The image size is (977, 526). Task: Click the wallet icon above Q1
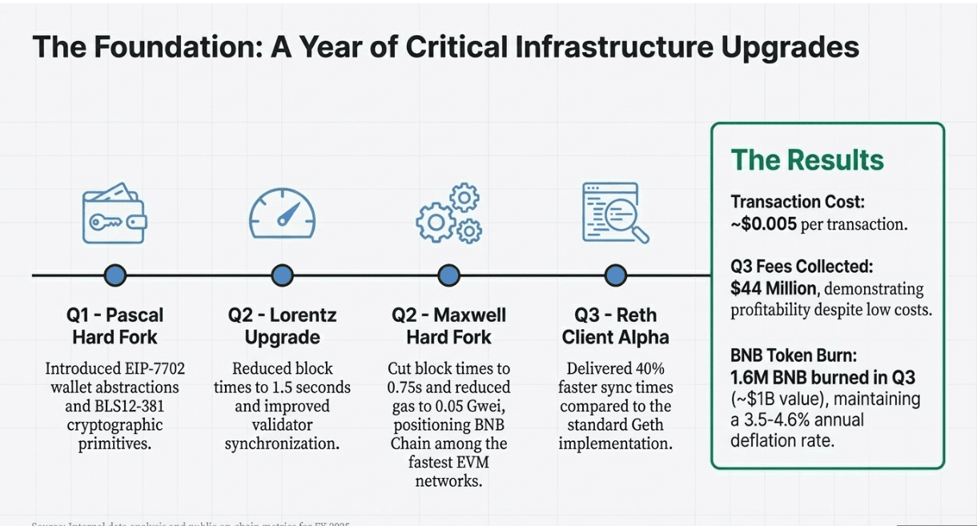(x=115, y=212)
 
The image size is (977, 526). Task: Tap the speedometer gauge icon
(x=282, y=212)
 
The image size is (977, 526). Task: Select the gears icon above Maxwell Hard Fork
(x=449, y=214)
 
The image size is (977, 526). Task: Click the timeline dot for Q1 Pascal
(x=115, y=275)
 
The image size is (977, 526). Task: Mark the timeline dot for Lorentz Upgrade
(x=282, y=275)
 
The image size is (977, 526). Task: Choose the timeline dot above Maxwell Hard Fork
(x=449, y=275)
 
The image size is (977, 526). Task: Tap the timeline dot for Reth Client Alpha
(x=615, y=275)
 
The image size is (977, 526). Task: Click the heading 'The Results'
(x=807, y=160)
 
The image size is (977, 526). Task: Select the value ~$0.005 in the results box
(x=764, y=224)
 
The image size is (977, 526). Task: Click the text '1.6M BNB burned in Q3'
(x=822, y=376)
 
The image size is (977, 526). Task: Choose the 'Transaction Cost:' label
(x=798, y=203)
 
